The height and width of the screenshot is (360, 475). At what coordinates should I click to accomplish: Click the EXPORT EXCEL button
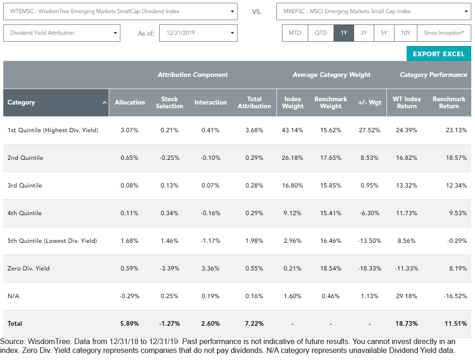(438, 53)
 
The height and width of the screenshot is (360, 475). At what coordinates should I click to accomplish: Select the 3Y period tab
(364, 33)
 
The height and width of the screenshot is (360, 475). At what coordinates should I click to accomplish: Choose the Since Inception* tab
(444, 33)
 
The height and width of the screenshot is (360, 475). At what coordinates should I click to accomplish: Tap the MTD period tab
(295, 33)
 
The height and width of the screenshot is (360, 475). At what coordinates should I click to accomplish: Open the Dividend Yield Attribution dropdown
(62, 33)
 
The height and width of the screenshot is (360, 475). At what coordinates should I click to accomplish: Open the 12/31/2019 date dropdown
(198, 33)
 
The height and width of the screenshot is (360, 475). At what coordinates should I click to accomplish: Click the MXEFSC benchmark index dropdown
(373, 12)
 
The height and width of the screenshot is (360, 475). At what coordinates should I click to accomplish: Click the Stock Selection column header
(169, 103)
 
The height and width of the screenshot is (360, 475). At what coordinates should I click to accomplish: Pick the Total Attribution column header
(254, 103)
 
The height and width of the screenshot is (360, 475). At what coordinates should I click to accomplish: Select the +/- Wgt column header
(370, 103)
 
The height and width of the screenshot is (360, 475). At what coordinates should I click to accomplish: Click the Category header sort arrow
(104, 103)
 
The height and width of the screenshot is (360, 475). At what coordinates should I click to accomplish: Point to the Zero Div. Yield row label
(29, 269)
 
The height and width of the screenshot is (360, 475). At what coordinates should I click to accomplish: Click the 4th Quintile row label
(24, 213)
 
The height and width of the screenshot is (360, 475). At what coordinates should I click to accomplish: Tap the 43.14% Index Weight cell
(292, 130)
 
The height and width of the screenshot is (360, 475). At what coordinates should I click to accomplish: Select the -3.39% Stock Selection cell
(169, 269)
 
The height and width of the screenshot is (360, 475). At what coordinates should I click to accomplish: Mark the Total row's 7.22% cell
(254, 323)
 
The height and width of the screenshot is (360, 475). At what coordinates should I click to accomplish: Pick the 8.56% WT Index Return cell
(407, 241)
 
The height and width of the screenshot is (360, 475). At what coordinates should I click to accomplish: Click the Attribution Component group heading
(193, 75)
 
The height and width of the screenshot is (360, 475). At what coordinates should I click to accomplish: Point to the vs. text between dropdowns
(257, 12)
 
